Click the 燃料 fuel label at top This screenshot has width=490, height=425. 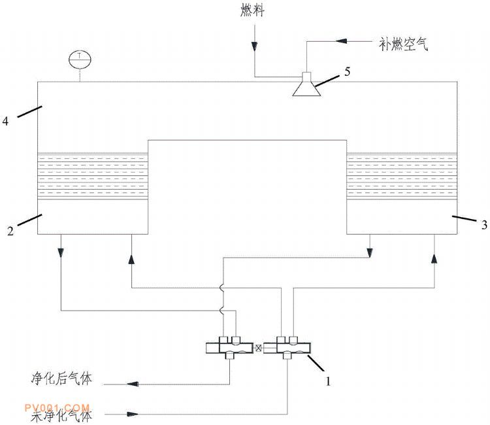pyautogui.click(x=252, y=11)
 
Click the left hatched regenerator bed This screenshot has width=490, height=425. pyautogui.click(x=93, y=176)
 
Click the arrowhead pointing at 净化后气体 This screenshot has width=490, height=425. pyautogui.click(x=133, y=384)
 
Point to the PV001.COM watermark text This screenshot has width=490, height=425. pyautogui.click(x=60, y=407)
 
